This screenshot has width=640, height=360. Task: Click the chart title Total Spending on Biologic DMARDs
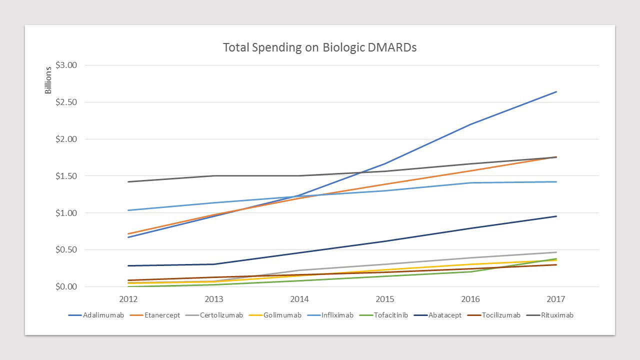click(x=319, y=47)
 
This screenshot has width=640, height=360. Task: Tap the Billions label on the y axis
click(x=48, y=80)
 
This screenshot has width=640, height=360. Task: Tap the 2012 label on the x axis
click(x=128, y=299)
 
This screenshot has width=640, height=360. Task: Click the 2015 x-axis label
click(x=385, y=299)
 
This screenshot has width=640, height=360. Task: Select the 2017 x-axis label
click(x=556, y=299)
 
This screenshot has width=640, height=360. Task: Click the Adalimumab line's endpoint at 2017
click(x=556, y=92)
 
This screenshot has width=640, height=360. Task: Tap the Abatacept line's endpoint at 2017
click(x=556, y=216)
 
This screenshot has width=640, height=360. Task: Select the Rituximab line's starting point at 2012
click(x=128, y=181)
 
